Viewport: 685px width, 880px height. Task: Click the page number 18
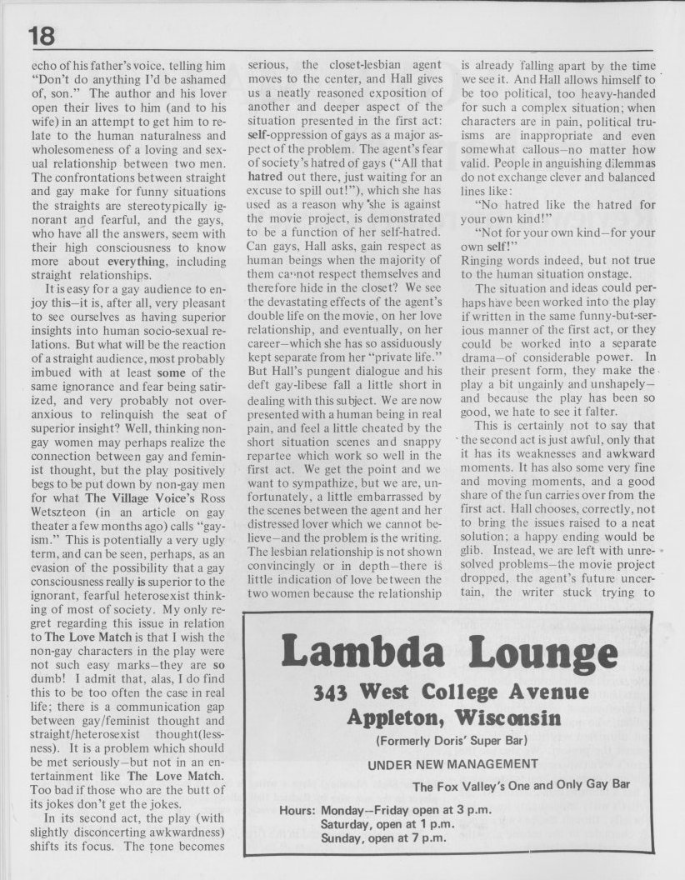[42, 36]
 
